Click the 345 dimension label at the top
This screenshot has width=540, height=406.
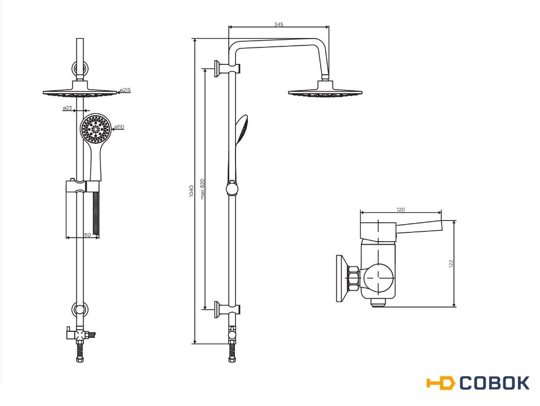coord(279,24)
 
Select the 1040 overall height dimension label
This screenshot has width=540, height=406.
coord(192,191)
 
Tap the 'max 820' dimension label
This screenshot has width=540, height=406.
coord(202,189)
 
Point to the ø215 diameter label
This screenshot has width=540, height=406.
coord(125,90)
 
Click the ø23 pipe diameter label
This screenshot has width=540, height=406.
coord(67,108)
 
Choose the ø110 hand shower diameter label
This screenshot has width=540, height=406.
coord(119,127)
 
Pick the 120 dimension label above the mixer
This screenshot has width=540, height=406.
coord(400,209)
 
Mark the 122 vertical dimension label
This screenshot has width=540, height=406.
coord(451,263)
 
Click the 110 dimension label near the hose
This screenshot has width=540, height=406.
coord(88,235)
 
